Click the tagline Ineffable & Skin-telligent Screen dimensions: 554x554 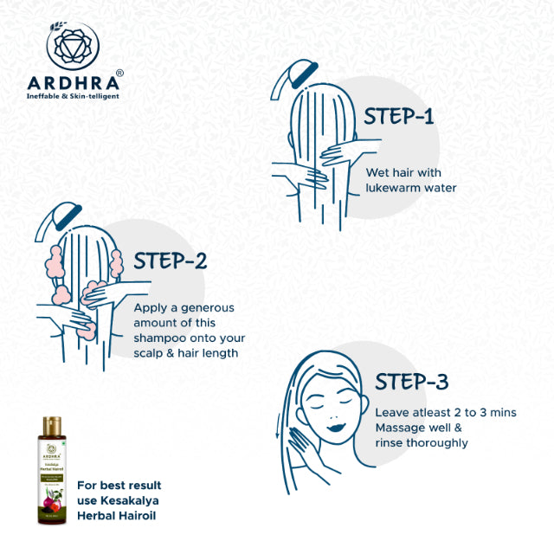pos(74,95)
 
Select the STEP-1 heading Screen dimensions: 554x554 pos(399,117)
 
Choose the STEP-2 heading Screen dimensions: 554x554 pos(171,261)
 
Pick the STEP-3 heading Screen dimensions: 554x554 pos(411,382)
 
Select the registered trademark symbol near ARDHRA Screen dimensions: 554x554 pos(119,73)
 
